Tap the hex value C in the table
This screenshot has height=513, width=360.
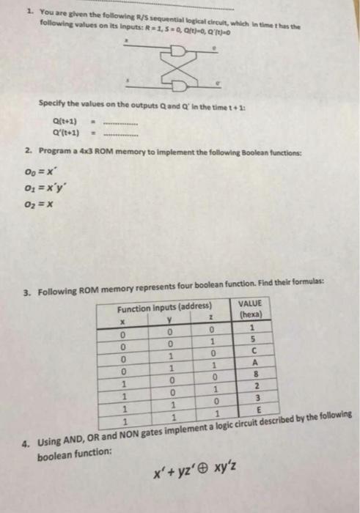tap(250, 350)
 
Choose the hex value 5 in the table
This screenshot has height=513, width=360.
tap(250, 338)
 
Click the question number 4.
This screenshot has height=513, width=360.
tap(26, 444)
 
